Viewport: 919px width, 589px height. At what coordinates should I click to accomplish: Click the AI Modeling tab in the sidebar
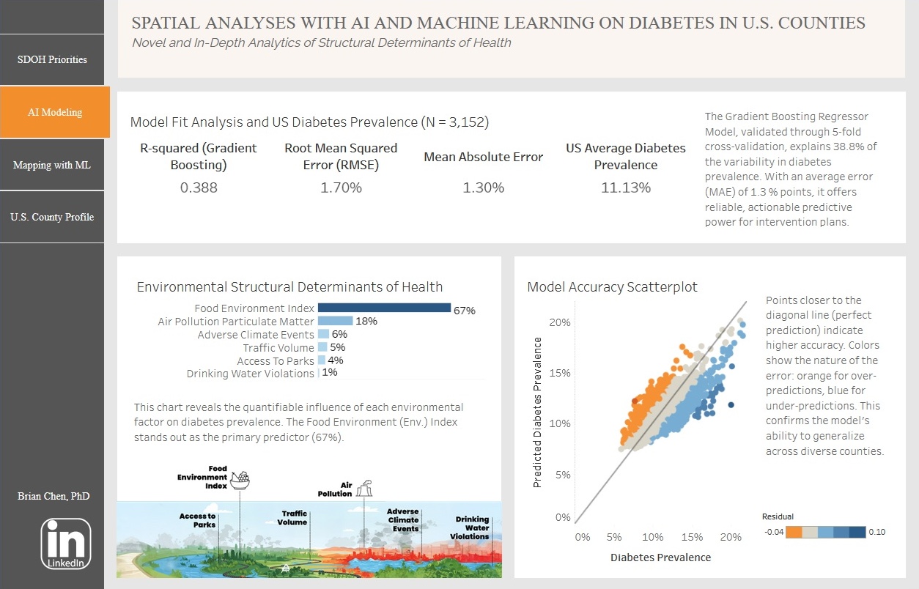tap(55, 112)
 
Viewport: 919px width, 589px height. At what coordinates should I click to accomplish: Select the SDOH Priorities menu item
tap(52, 59)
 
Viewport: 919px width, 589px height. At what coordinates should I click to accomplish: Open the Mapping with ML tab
tap(52, 165)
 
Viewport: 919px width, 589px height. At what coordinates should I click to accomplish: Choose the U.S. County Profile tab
tap(52, 217)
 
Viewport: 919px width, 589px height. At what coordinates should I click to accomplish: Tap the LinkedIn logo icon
tap(66, 544)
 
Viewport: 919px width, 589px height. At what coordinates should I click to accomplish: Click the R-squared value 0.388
tap(199, 188)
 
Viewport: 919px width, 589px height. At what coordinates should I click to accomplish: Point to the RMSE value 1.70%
tap(341, 188)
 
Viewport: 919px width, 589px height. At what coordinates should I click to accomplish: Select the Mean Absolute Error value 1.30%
tap(483, 188)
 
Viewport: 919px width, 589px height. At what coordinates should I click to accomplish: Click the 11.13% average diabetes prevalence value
tap(626, 188)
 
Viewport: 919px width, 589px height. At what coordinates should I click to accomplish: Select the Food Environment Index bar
tap(384, 308)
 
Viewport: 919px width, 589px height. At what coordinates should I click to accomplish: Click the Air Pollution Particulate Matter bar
tap(335, 321)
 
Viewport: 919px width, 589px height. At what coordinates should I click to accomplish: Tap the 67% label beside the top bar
tap(465, 311)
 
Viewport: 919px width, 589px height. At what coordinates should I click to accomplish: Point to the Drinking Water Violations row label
tap(250, 374)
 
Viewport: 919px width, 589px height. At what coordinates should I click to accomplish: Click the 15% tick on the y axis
tap(560, 373)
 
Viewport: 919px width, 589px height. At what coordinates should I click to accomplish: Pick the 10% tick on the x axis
tap(653, 537)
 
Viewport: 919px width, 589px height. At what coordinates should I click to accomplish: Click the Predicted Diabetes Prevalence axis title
tap(537, 412)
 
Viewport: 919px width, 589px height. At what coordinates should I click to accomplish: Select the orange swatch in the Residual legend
tap(794, 532)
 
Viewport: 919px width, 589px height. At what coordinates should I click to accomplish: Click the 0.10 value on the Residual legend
tap(876, 532)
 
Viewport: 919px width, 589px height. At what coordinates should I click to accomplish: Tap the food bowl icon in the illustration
tap(240, 481)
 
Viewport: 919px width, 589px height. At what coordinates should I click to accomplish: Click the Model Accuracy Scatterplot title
tap(612, 286)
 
